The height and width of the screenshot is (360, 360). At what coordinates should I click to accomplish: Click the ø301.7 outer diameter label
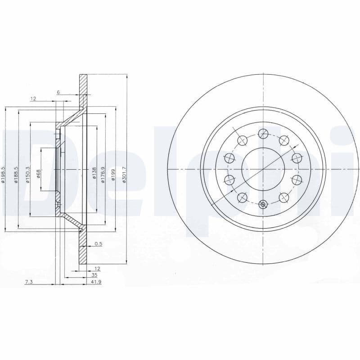click(124, 174)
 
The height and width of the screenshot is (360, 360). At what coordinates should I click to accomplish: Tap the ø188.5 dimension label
click(16, 174)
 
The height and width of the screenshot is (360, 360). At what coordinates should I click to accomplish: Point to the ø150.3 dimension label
click(28, 174)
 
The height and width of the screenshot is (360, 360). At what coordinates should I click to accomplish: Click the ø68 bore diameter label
click(39, 173)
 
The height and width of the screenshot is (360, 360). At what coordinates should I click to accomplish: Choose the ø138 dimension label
click(94, 173)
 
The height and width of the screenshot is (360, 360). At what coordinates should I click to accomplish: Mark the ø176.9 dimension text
click(103, 174)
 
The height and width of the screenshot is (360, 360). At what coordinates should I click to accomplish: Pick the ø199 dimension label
click(114, 173)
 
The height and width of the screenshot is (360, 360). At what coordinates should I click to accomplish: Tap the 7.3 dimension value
click(29, 282)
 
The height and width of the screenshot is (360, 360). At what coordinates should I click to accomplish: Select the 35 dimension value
click(94, 274)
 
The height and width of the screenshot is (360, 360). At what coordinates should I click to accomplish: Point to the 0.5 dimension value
click(98, 244)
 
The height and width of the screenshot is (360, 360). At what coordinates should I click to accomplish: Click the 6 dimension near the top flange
click(58, 92)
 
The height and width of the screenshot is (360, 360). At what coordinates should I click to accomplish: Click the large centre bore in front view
click(263, 169)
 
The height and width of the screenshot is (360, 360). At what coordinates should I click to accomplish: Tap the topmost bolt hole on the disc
click(263, 133)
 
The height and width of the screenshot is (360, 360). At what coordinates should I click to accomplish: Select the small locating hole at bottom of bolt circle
click(263, 204)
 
